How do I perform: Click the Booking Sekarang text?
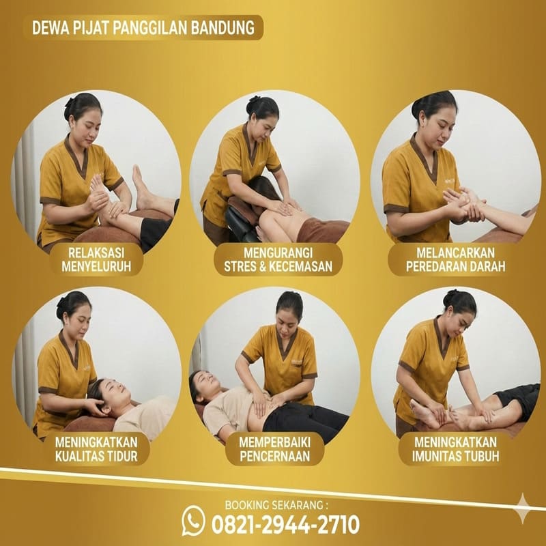(276, 505)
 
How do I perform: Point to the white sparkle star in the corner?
(523, 508)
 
